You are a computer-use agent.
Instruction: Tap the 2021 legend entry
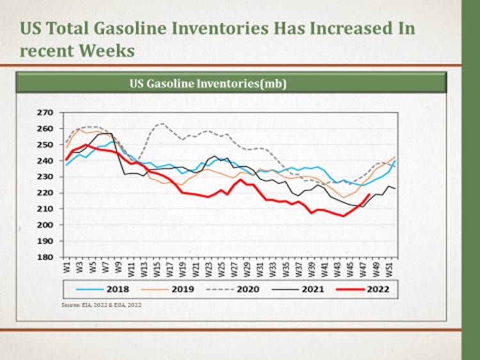[312, 288]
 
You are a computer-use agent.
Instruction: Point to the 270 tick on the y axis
[44, 113]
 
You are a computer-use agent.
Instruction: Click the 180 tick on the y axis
[44, 258]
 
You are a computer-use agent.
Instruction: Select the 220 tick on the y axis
[44, 193]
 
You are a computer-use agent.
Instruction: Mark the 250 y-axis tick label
[44, 145]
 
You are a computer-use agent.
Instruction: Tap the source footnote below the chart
[101, 306]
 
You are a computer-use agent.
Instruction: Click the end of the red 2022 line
[369, 195]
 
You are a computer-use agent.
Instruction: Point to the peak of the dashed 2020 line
[163, 123]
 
